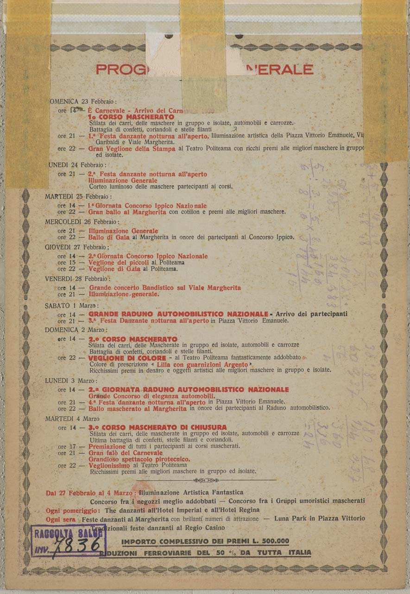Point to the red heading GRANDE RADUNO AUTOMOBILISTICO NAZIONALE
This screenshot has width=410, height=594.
pyautogui.click(x=178, y=314)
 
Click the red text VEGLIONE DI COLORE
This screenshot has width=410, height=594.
pyautogui.click(x=127, y=358)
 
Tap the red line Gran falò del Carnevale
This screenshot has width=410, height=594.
pyautogui.click(x=126, y=452)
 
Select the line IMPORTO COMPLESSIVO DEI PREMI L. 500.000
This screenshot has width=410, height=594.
pyautogui.click(x=205, y=541)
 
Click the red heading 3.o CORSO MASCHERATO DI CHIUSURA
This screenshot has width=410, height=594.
pyautogui.click(x=158, y=427)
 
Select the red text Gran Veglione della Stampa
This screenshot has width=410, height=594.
pyautogui.click(x=132, y=149)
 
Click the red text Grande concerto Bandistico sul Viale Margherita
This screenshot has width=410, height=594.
pyautogui.click(x=164, y=288)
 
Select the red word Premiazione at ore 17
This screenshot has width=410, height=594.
pyautogui.click(x=107, y=446)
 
